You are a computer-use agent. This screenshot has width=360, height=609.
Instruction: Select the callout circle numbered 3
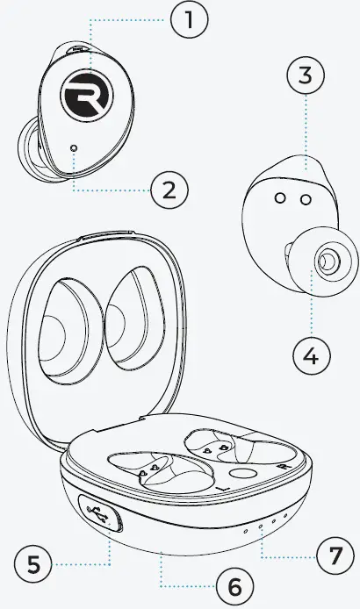[x=305, y=76]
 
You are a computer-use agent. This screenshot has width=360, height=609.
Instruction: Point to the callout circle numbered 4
[x=311, y=356]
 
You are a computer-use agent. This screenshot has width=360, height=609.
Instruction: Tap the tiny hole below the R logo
[x=75, y=148]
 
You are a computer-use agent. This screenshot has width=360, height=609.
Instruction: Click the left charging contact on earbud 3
[x=279, y=200]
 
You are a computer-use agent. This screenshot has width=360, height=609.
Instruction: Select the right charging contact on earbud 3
[x=303, y=200]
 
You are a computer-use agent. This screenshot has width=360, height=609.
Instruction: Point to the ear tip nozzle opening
[x=328, y=260]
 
